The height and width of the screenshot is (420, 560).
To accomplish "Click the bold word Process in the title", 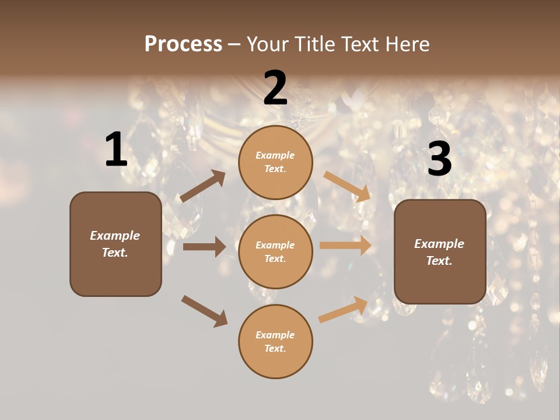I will (x=183, y=44).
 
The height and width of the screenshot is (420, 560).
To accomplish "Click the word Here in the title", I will (x=406, y=44).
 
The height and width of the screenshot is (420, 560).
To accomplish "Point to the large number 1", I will (x=116, y=150).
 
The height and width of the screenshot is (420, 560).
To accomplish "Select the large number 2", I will (x=275, y=88).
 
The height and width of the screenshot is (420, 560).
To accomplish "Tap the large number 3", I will (x=439, y=159).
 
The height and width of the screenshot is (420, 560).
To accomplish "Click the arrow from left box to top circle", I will (x=202, y=187).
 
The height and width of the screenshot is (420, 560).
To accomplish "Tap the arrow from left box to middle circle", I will (x=204, y=247).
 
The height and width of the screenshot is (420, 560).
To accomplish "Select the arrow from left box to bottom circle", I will (x=204, y=311).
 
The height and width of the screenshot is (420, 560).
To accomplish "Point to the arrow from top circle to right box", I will (x=348, y=187).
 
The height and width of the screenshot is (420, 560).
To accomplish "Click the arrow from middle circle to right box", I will (x=345, y=246).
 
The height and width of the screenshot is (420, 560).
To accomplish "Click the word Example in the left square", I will (x=115, y=236).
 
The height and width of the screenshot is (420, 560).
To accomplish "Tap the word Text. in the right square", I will (x=439, y=261).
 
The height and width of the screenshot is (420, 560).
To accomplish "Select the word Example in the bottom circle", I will (x=275, y=335).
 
